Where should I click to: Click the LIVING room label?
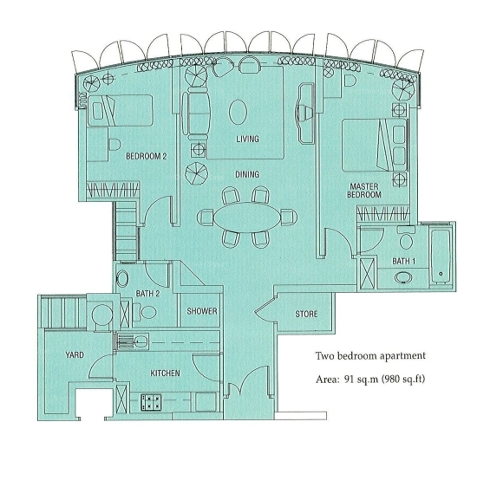[x=248, y=139]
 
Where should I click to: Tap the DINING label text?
[x=247, y=175]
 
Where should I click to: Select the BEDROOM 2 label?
[x=146, y=156]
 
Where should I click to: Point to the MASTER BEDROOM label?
[x=364, y=191]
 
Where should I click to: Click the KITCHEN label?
[x=165, y=373]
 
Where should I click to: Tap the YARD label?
[x=75, y=355]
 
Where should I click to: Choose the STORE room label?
[x=306, y=314]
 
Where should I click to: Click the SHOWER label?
[x=202, y=311]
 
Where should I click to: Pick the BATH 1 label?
[x=404, y=261]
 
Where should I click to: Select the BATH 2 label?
[x=148, y=293]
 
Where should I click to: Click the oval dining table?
[x=247, y=217]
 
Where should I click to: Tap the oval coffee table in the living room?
[x=238, y=112]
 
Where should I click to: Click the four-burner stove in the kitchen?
[x=151, y=402]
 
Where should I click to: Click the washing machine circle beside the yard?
[x=102, y=314]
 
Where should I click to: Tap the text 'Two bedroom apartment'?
[x=370, y=356]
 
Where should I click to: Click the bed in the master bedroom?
[x=374, y=145]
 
